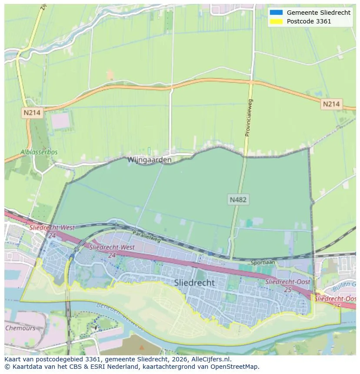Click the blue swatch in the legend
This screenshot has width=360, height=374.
276,13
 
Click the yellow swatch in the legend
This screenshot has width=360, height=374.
276,21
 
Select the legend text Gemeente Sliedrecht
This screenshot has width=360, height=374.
318,13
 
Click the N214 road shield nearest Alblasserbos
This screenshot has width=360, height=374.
32,113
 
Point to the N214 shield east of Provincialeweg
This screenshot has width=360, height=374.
332,104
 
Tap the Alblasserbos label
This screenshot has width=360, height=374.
39,152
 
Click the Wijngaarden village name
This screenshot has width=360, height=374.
149,160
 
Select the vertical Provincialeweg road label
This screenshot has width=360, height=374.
249,118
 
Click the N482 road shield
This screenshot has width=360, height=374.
238,200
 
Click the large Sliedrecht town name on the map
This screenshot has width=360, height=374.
194,283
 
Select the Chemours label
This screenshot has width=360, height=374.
20,328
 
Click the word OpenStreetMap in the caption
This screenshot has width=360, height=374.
237,367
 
